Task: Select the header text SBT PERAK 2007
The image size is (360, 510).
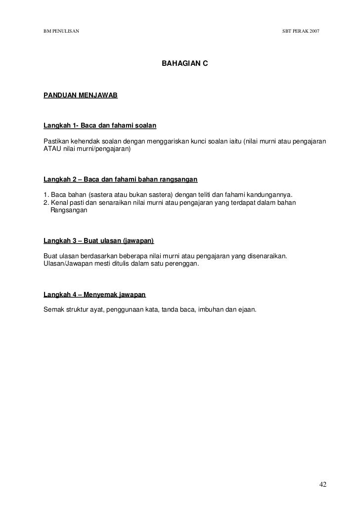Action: pyautogui.click(x=300, y=31)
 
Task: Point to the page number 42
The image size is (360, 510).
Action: pyautogui.click(x=323, y=484)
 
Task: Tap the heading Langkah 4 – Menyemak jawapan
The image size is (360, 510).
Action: pyautogui.click(x=94, y=295)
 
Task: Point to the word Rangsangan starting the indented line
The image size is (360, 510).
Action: pyautogui.click(x=69, y=210)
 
